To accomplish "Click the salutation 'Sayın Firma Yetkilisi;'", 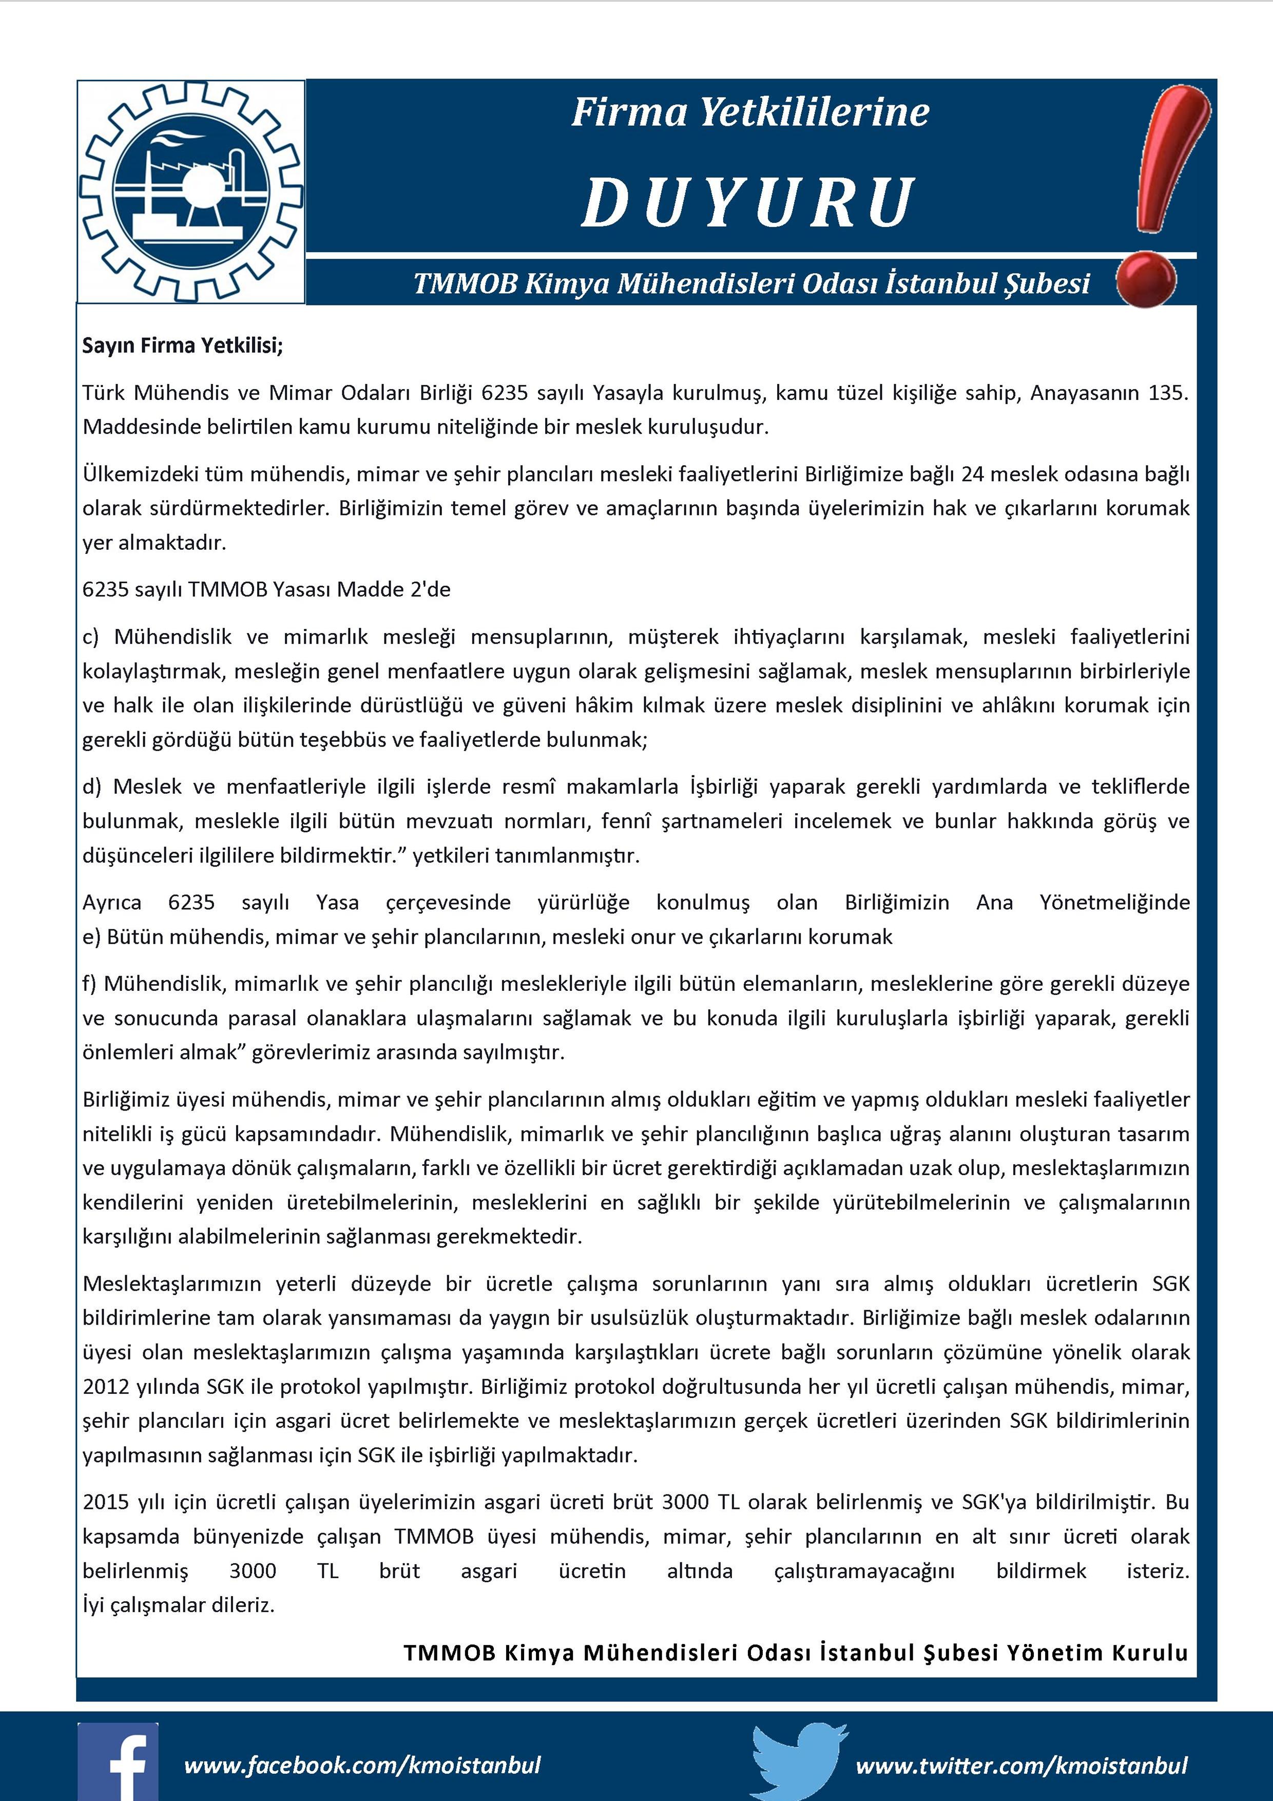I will coord(183,346).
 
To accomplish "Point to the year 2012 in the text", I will coord(106,1386).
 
